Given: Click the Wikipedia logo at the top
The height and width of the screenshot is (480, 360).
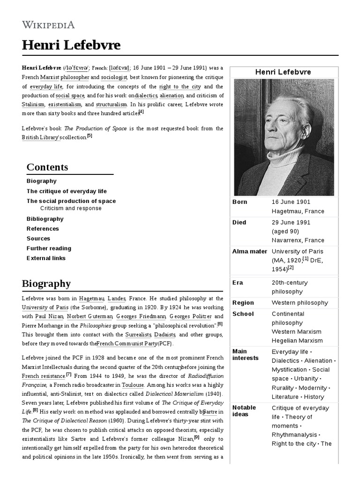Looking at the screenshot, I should click(x=48, y=25).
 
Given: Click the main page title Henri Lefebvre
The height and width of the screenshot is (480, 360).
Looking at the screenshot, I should click(x=71, y=45).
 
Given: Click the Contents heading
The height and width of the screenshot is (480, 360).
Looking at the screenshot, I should click(x=47, y=167).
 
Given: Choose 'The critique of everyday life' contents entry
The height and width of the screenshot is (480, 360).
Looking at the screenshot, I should click(x=67, y=191).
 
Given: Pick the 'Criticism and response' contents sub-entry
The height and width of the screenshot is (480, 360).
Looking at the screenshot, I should click(x=71, y=209).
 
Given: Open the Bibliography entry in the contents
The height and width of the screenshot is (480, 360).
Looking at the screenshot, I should click(x=45, y=219).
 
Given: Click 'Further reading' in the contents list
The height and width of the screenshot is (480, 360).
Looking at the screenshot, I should click(x=49, y=248).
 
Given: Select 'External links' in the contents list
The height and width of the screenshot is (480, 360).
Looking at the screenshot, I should click(x=46, y=258).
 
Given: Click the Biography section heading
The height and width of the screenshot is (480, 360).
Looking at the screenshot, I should click(x=46, y=284).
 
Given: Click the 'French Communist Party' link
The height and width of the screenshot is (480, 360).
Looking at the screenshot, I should click(x=127, y=344).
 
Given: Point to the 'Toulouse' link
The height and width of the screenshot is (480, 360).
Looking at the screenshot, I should click(x=133, y=385).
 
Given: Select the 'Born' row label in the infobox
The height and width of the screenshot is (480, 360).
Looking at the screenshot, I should click(x=240, y=202).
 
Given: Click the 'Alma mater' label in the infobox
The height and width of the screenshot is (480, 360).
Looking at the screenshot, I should click(x=249, y=252).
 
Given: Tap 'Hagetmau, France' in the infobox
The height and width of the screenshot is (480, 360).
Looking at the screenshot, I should click(x=298, y=211).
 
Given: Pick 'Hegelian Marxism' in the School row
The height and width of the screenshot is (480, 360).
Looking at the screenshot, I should click(x=297, y=341).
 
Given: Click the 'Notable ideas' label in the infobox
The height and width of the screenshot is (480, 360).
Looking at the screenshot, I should click(x=244, y=411).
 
